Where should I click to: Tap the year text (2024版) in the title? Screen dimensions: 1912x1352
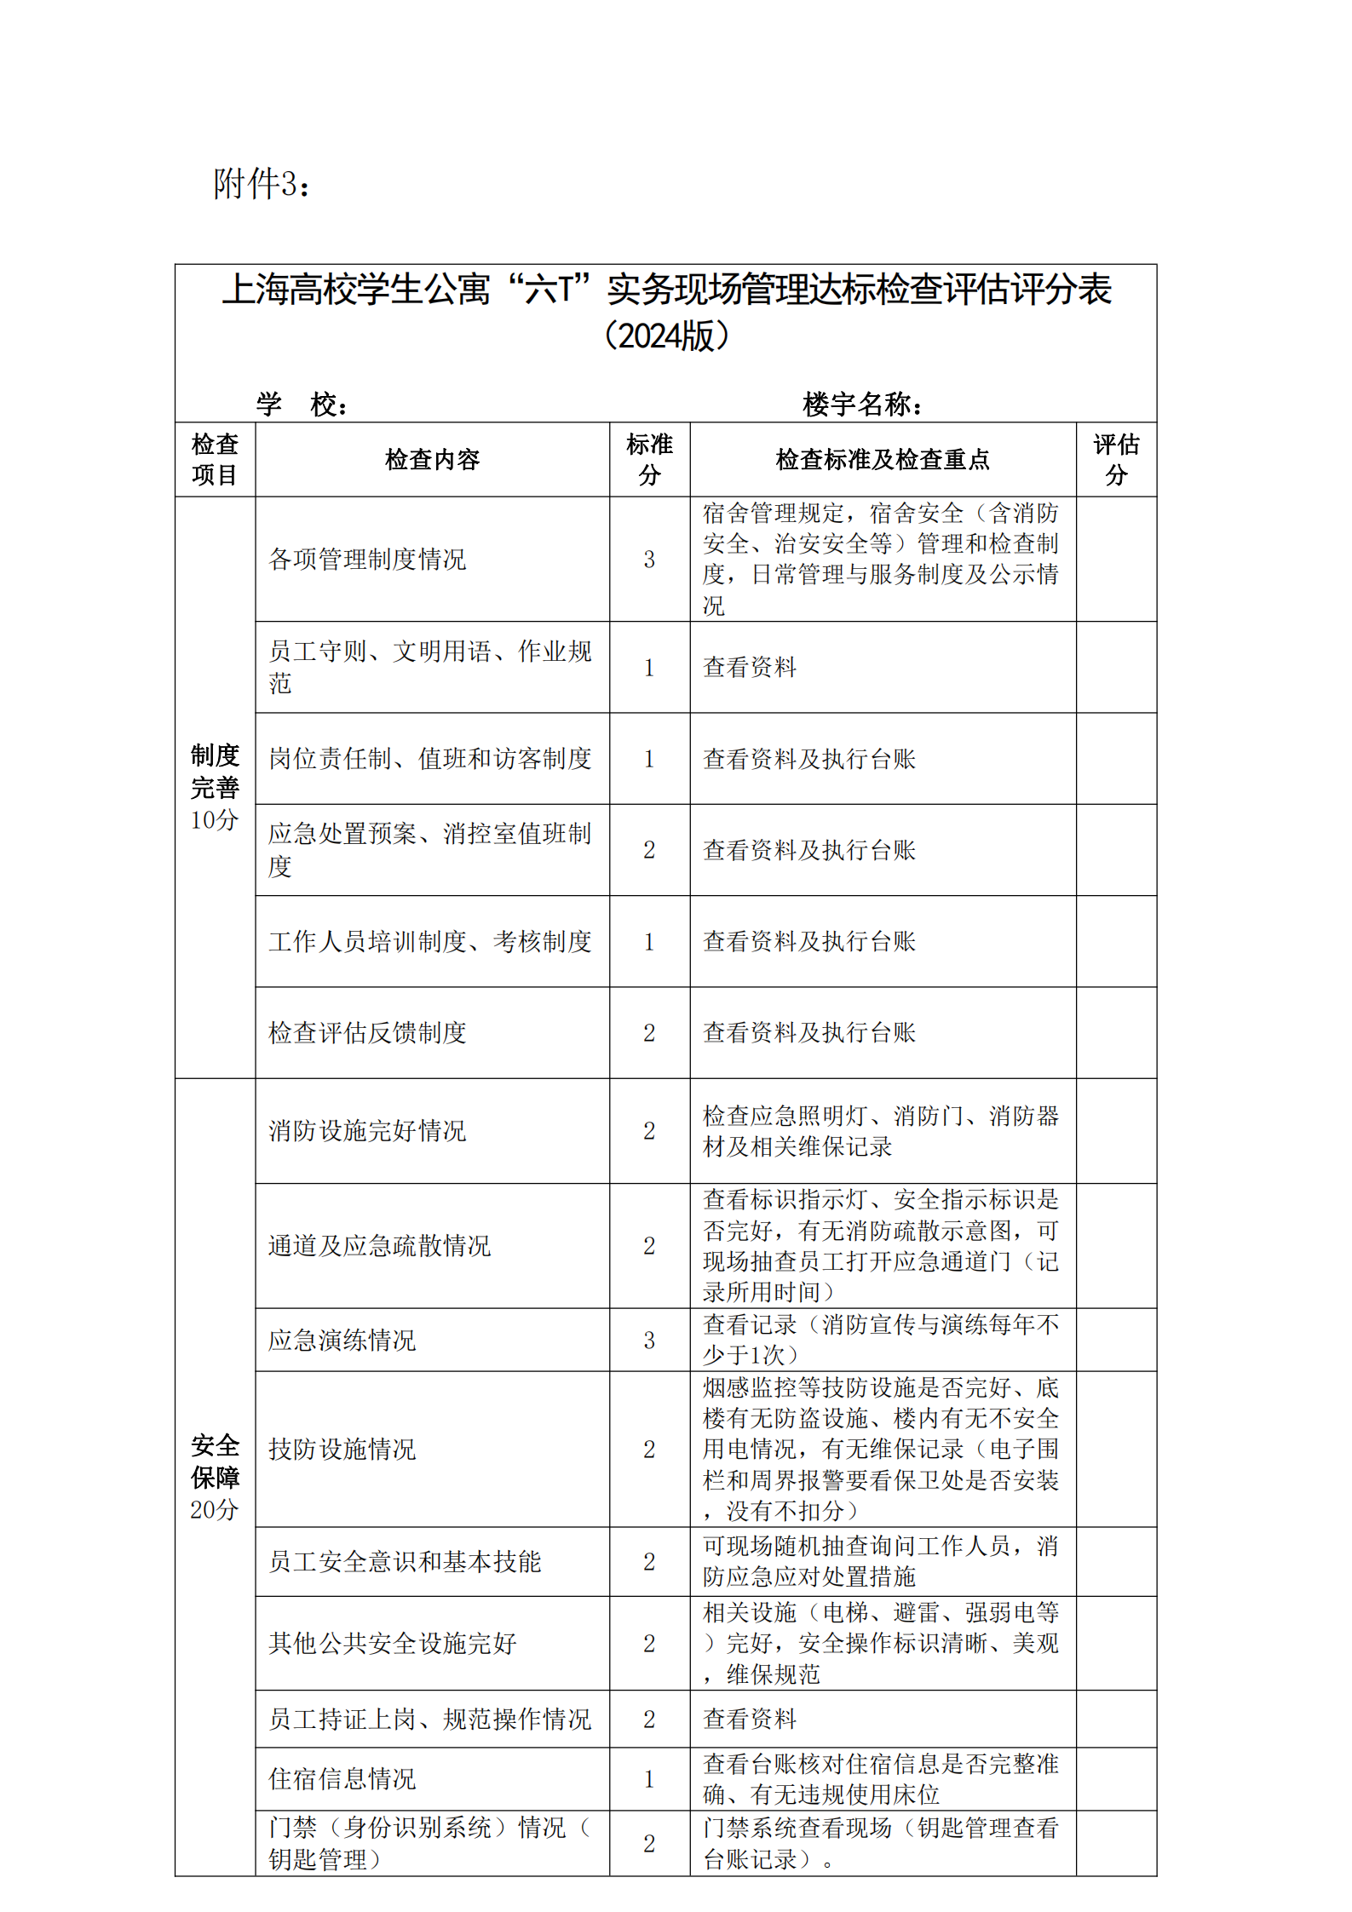coord(666,336)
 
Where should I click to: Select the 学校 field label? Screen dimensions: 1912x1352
coord(302,404)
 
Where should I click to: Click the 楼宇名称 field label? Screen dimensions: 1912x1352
coord(862,404)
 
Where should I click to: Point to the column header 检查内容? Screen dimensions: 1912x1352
coord(432,460)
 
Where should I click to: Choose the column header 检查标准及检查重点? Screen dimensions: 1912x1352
coord(882,460)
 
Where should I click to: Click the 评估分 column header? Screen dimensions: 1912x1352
coord(1115,459)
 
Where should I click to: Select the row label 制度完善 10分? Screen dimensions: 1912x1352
coord(215,787)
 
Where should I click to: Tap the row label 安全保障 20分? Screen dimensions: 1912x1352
coord(215,1477)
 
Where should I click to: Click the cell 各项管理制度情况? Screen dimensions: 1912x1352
coord(367,560)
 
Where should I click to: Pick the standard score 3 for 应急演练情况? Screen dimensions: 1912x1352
coord(649,1341)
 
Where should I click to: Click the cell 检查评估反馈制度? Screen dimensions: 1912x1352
coord(367,1033)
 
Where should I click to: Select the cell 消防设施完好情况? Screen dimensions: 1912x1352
coord(367,1131)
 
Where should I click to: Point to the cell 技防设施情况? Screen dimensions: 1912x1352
coord(342,1449)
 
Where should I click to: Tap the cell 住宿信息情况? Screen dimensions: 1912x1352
coord(342,1778)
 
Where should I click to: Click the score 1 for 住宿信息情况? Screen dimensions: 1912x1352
coord(649,1778)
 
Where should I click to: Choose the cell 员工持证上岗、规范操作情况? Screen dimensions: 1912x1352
coord(429,1719)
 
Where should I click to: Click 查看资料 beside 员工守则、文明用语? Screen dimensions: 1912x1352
coord(750,667)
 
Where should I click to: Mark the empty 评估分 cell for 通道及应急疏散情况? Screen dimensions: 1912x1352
coord(1115,1245)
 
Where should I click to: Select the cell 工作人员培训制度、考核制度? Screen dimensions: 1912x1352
coord(429,941)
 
